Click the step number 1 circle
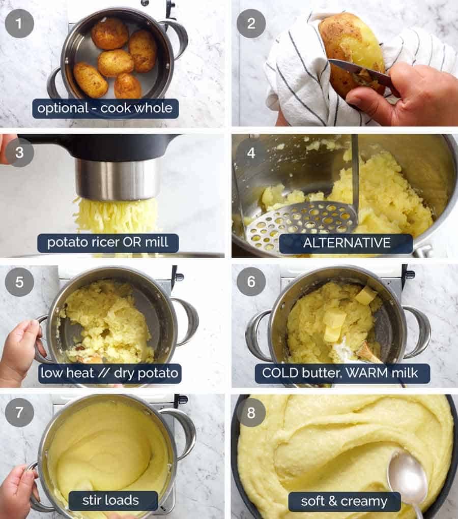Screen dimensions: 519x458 pyautogui.click(x=19, y=23)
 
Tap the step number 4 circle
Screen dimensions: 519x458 pyautogui.click(x=251, y=152)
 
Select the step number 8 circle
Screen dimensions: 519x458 pyautogui.click(x=251, y=412)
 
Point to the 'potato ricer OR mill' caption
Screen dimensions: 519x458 pyautogui.click(x=108, y=243)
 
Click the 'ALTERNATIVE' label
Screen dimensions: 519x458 pyautogui.click(x=346, y=243)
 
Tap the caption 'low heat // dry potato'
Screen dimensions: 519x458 pyautogui.click(x=109, y=374)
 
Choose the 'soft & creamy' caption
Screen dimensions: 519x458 pyautogui.click(x=345, y=501)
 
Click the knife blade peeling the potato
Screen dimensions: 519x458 pyautogui.click(x=359, y=72)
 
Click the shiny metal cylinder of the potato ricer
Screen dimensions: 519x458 pyautogui.click(x=117, y=179)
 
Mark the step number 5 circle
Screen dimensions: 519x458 pyautogui.click(x=19, y=282)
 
